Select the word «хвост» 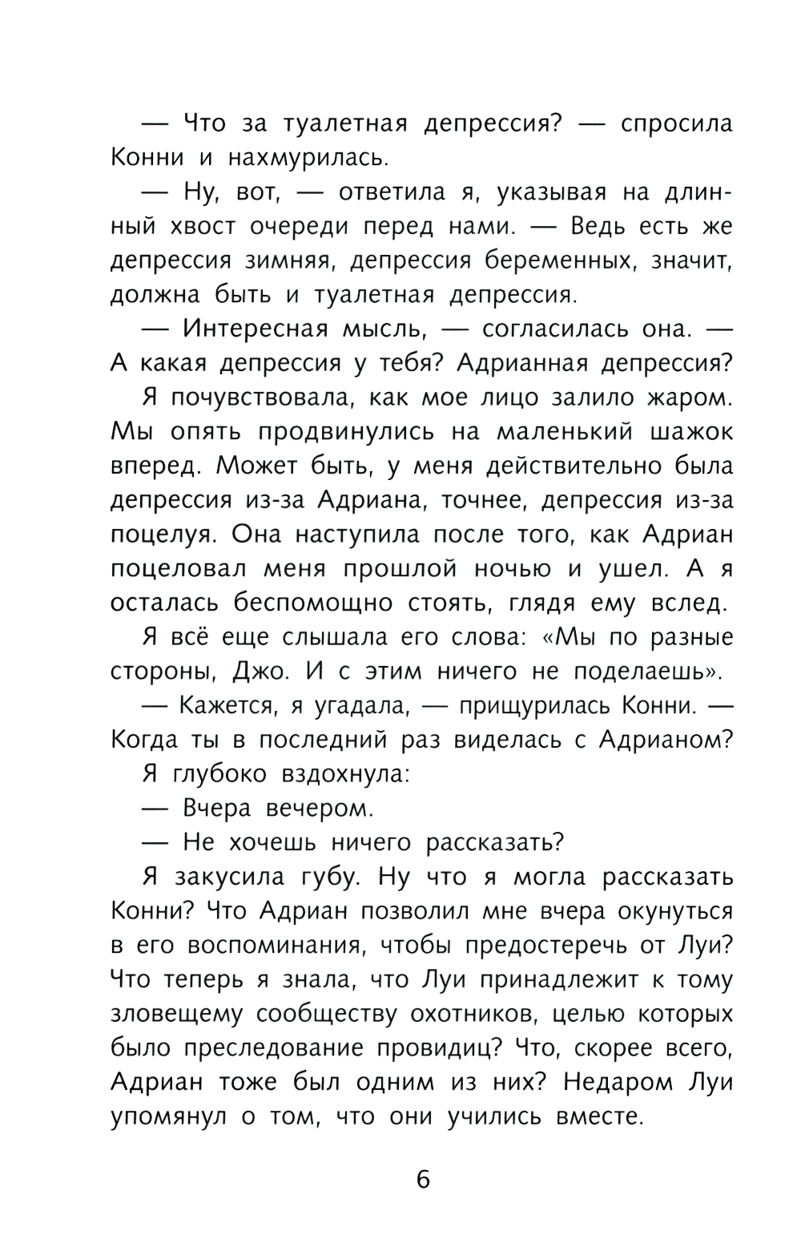[x=203, y=227]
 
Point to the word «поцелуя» [x=159, y=534]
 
